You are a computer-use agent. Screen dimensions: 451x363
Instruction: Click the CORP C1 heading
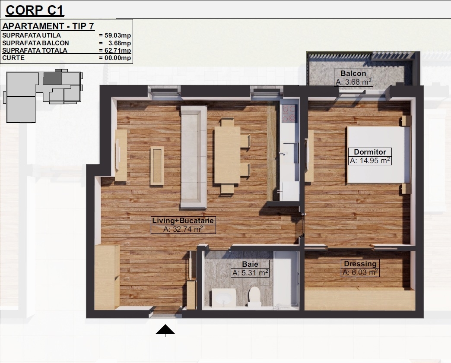pos(35,10)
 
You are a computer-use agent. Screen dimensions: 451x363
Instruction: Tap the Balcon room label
pos(353,73)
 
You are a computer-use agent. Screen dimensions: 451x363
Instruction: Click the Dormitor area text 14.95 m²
pos(370,161)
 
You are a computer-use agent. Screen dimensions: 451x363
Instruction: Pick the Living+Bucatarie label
pos(183,221)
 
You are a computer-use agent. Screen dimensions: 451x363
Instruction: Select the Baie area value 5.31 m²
pos(250,272)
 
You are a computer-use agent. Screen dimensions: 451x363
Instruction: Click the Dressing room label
pos(360,264)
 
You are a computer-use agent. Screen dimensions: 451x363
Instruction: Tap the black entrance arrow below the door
pos(165,330)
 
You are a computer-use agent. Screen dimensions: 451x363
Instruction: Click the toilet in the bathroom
pos(254,297)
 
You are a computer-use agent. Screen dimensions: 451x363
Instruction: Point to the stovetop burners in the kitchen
pos(289,114)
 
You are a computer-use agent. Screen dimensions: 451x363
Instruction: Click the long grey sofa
pos(194,157)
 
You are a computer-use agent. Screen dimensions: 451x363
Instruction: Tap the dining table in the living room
pos(227,155)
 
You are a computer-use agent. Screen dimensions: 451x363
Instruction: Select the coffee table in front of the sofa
pos(157,166)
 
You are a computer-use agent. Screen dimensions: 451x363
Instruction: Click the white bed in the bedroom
pos(378,155)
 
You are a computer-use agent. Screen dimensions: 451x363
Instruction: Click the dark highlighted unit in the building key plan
pos(52,79)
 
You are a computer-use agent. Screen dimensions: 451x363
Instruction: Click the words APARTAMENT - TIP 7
pos(48,26)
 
